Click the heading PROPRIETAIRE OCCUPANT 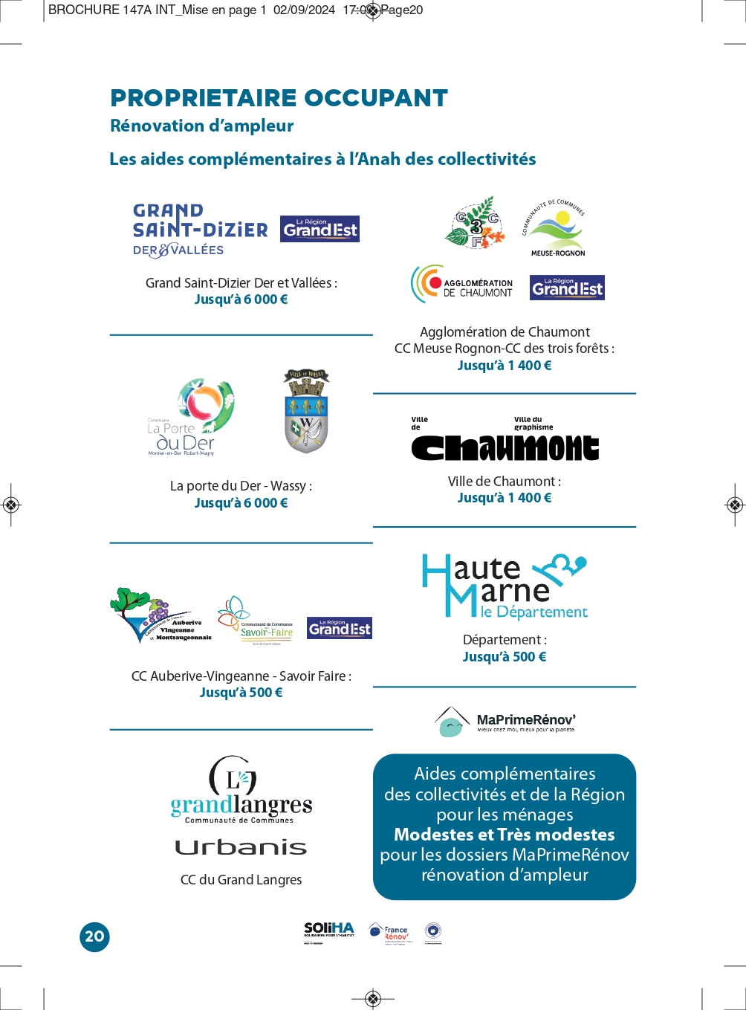click(279, 98)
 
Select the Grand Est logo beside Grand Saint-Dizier click(320, 229)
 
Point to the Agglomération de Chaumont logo click(462, 285)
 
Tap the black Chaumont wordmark click(505, 447)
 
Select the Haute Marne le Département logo click(505, 587)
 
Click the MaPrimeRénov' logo click(505, 721)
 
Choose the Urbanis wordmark click(241, 847)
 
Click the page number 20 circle click(94, 936)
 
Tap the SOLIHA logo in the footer click(329, 932)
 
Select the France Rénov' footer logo click(389, 933)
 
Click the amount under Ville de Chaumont click(505, 498)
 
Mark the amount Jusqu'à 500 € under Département click(505, 657)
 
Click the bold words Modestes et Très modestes click(505, 835)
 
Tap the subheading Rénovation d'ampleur click(202, 126)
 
